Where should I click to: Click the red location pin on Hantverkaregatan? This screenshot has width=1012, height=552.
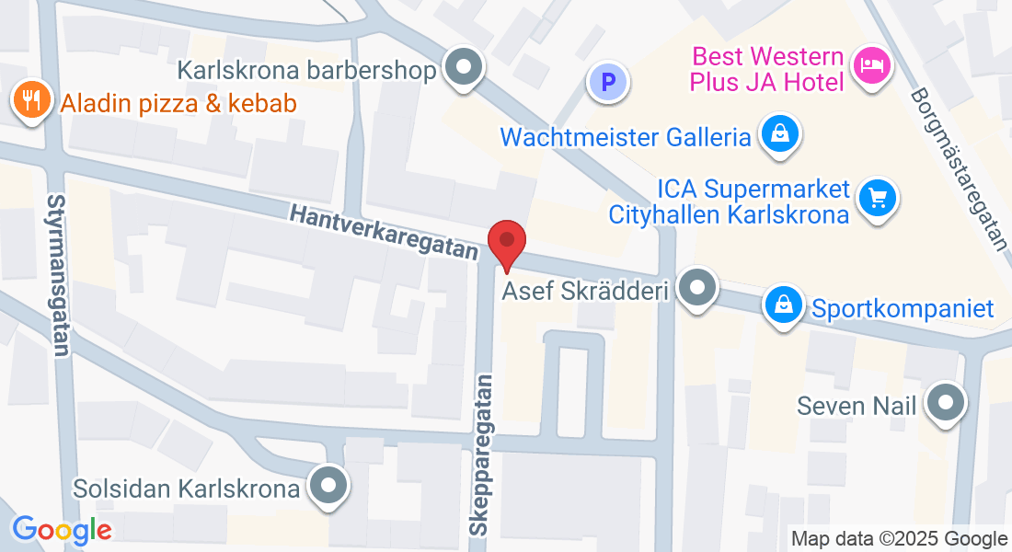tap(506, 242)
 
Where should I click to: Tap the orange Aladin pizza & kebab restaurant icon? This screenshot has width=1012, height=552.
tap(33, 100)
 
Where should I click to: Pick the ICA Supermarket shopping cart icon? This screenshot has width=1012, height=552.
tap(877, 196)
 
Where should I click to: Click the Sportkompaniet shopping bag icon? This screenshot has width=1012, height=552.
tap(784, 305)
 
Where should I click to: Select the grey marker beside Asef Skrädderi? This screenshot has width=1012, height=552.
tap(696, 288)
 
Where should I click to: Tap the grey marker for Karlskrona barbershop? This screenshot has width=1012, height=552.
tap(463, 67)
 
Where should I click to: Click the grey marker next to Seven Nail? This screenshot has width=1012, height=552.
tap(945, 402)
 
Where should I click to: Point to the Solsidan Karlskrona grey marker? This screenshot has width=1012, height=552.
tap(327, 485)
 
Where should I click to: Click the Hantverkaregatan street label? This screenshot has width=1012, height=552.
tap(385, 231)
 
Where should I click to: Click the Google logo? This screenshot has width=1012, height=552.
tap(62, 530)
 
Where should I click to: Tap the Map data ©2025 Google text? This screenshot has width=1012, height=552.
tap(899, 539)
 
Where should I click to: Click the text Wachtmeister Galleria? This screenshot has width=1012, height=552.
tap(626, 138)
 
